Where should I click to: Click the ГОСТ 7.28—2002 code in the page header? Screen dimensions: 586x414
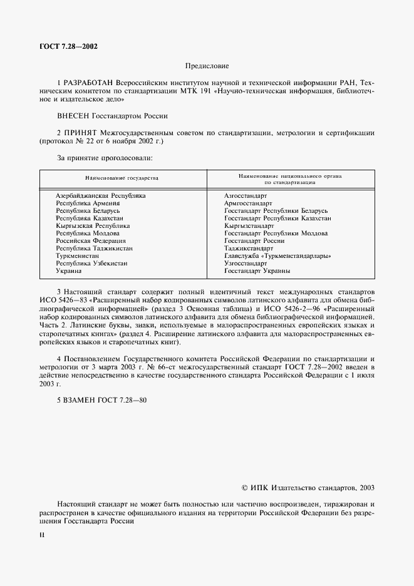(x=67, y=46)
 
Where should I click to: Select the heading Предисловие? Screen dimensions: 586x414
(x=207, y=66)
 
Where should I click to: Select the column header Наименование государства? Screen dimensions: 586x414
(x=123, y=178)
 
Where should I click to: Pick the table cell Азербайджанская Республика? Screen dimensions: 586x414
(x=101, y=196)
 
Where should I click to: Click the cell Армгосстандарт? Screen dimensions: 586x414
(x=248, y=203)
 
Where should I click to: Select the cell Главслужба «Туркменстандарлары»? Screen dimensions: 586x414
(x=277, y=256)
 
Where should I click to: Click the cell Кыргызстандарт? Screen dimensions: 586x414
(x=249, y=226)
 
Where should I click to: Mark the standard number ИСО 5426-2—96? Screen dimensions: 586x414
(x=278, y=300)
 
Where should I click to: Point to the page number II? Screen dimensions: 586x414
(x=42, y=535)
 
